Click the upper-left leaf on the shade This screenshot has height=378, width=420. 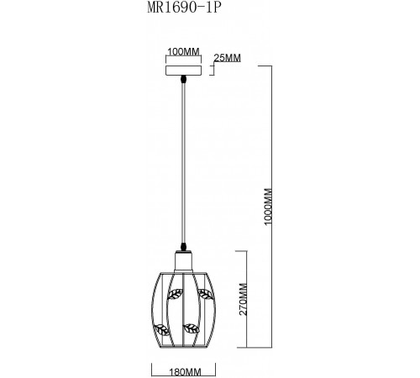pyautogui.click(x=176, y=294)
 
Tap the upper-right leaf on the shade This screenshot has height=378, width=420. pyautogui.click(x=204, y=294)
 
